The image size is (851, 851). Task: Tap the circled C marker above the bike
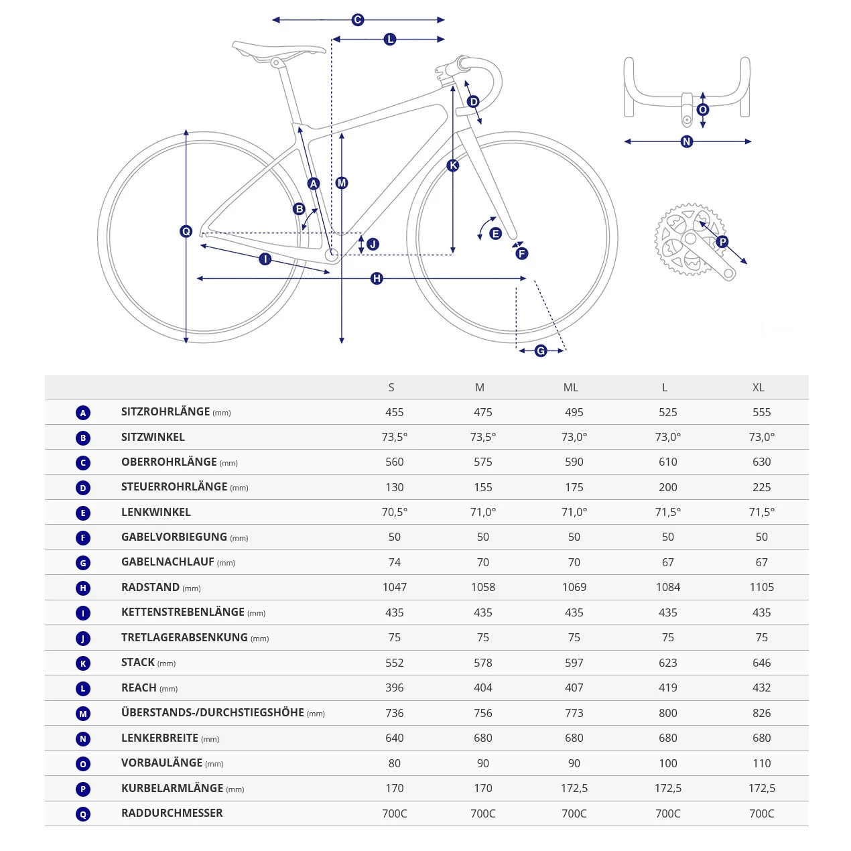358,20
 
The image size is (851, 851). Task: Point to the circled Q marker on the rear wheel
186,231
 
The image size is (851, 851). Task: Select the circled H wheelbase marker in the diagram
377,278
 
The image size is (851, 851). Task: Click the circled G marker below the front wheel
541,350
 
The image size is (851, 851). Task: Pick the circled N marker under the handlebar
686,141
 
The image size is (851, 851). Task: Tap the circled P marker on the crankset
722,242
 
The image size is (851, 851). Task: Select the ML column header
571,387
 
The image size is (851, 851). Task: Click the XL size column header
758,387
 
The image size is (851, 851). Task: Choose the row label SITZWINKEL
153,437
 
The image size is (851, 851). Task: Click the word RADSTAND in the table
150,587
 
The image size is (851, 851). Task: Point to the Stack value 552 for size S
395,663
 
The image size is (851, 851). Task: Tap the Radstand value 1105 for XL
762,587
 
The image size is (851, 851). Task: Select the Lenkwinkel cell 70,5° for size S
395,512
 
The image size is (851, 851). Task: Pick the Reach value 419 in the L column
668,688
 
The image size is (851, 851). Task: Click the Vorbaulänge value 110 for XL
762,763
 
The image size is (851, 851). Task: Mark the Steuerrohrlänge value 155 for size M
483,487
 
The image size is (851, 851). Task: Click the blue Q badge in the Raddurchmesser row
83,814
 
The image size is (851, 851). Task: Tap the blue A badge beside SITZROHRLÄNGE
83,413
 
